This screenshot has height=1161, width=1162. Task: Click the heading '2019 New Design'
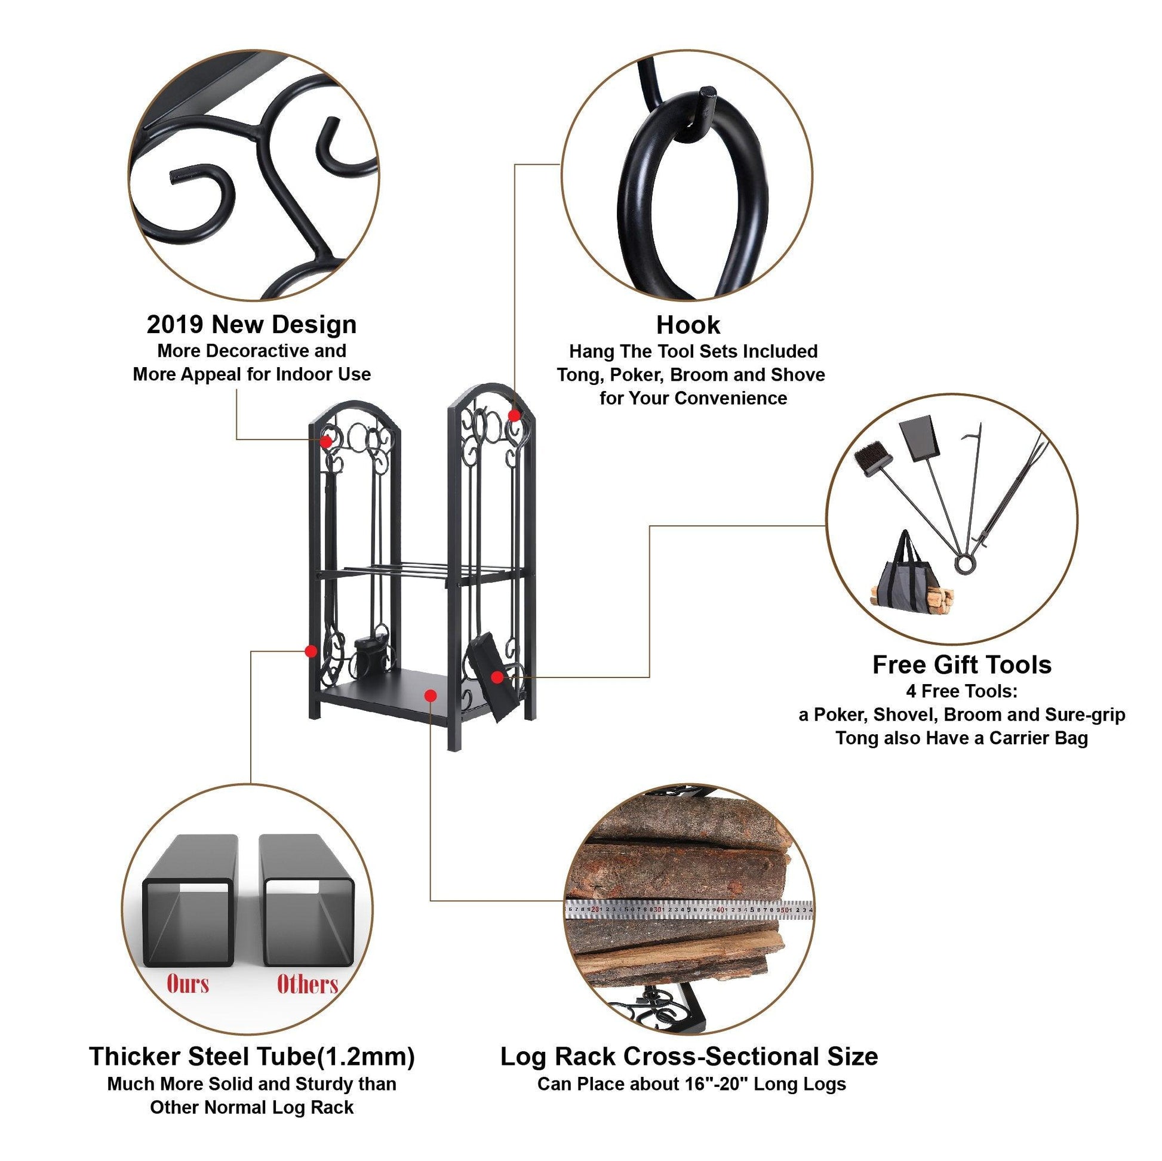(x=251, y=325)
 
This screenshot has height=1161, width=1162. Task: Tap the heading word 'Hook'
(x=688, y=325)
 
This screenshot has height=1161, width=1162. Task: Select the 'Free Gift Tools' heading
(x=962, y=665)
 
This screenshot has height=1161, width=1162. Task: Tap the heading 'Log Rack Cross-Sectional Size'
(x=689, y=1056)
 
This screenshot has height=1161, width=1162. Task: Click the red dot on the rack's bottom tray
(x=429, y=695)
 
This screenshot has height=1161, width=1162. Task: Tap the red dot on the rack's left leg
(x=311, y=651)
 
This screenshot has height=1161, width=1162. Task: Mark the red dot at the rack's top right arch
(x=514, y=415)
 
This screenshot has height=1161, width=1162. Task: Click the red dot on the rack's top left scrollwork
(x=326, y=441)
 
